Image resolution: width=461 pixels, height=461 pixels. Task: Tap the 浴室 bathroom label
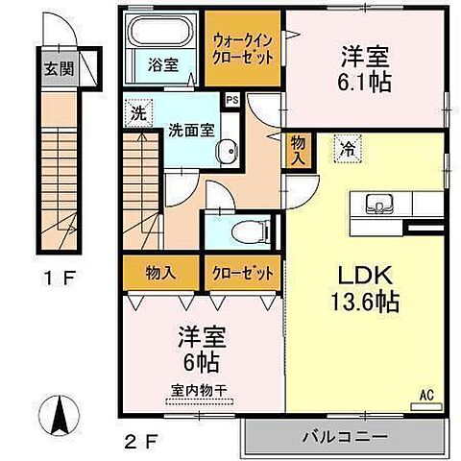162,65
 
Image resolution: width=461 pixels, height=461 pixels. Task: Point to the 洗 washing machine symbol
138,112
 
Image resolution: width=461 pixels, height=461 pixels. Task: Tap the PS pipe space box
231,99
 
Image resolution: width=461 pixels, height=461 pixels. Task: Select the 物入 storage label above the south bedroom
160,272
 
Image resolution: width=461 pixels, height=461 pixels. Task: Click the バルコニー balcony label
350,436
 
